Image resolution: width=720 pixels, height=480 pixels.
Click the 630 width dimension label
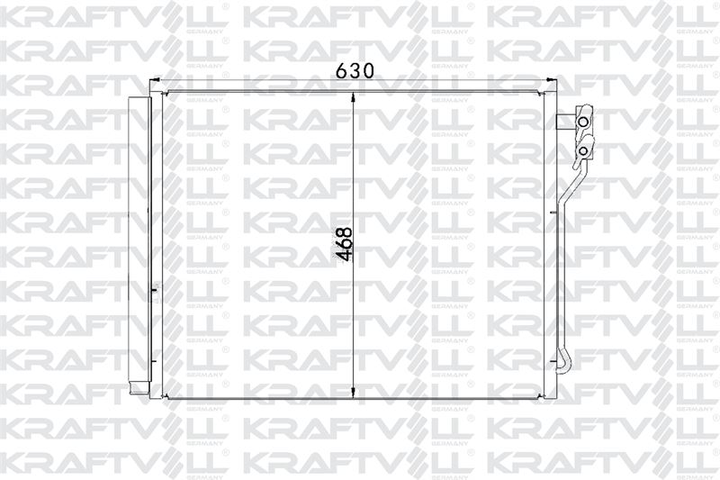[x=355, y=70]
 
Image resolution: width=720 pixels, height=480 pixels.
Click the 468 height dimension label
[x=345, y=244]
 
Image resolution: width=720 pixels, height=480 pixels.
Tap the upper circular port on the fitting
[x=582, y=122]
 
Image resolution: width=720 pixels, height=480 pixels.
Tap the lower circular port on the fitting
[x=582, y=150]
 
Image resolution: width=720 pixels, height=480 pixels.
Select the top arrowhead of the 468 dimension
[x=353, y=98]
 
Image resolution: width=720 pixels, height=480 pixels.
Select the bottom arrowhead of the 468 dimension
[x=353, y=392]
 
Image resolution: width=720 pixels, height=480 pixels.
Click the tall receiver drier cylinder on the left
[x=139, y=239]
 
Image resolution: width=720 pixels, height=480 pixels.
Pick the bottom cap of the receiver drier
[x=139, y=388]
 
